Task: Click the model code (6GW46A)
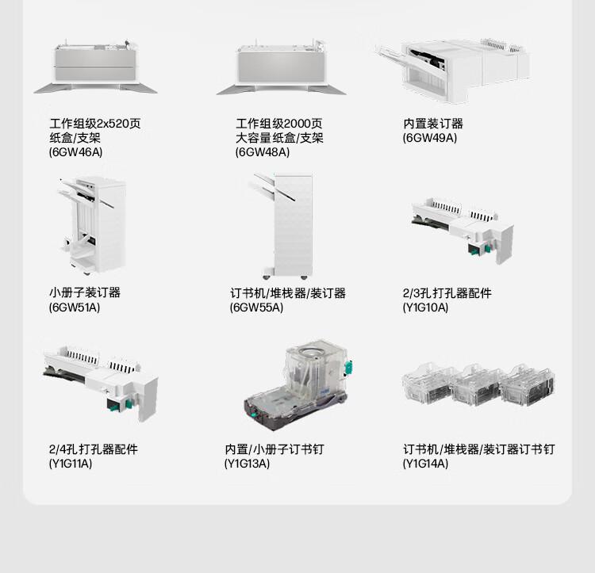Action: (x=75, y=152)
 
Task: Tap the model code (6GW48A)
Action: (x=263, y=152)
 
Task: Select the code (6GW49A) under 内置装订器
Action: (x=429, y=138)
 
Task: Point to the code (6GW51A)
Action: (x=75, y=307)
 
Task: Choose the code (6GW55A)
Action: (x=256, y=307)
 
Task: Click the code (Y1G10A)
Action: (x=425, y=307)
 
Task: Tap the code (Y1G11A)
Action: (x=71, y=463)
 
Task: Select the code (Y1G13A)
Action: (x=247, y=463)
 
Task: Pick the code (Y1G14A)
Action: (x=425, y=463)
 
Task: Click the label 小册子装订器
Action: (x=85, y=292)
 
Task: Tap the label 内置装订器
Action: (x=433, y=124)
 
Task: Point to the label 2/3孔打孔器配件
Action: (x=447, y=293)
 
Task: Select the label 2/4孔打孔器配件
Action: (x=94, y=449)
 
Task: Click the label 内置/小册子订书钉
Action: (x=274, y=449)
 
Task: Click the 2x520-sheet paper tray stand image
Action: (x=95, y=66)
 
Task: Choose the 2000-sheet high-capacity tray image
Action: (x=281, y=67)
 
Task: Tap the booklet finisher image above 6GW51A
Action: (x=92, y=226)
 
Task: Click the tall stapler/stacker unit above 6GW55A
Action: (x=282, y=226)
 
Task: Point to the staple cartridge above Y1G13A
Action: (x=297, y=384)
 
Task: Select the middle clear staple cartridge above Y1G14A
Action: (x=477, y=385)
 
